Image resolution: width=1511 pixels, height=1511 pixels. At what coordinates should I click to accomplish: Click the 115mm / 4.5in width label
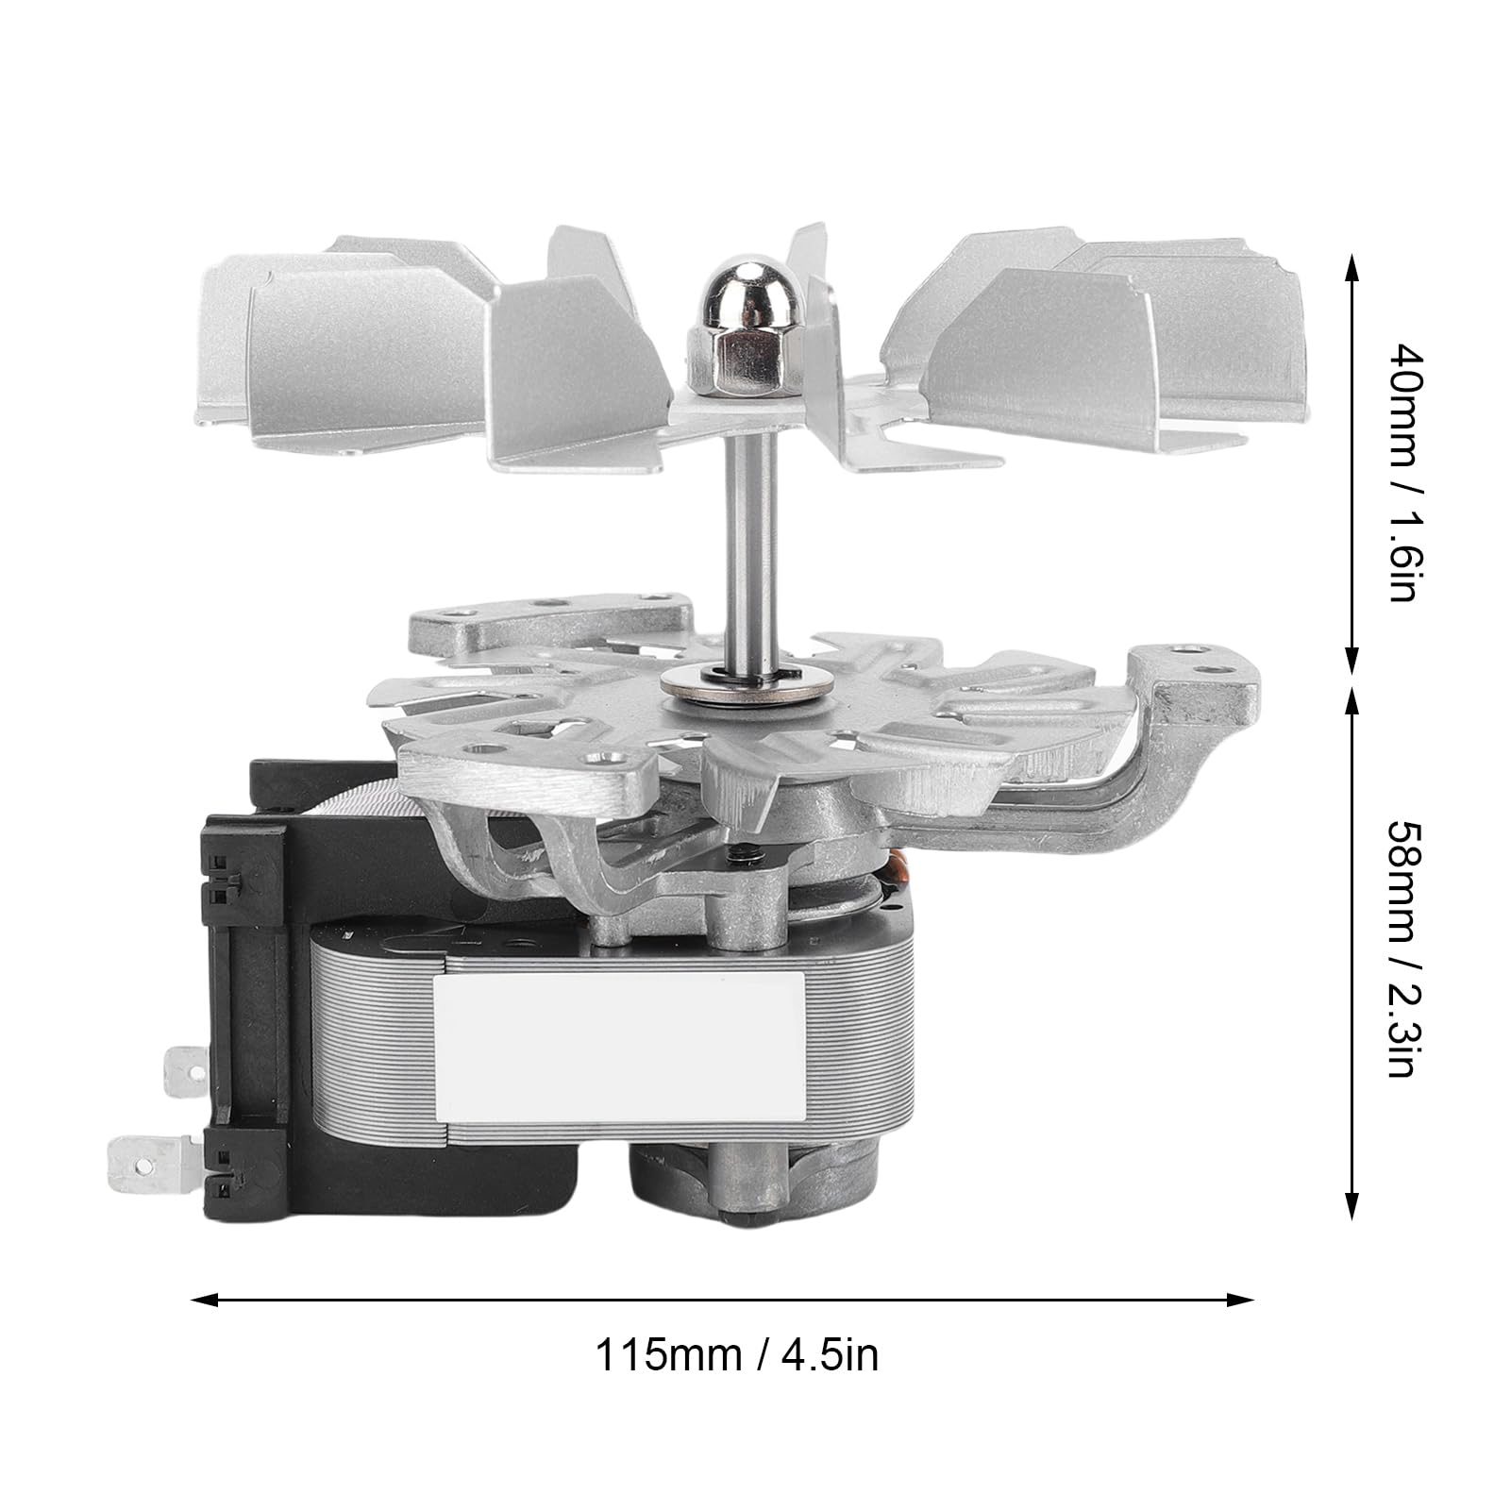[x=736, y=1356]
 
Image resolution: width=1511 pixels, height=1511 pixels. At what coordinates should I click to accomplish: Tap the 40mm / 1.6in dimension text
[x=1401, y=473]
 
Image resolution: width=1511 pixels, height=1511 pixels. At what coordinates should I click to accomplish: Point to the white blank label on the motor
[x=619, y=1044]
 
